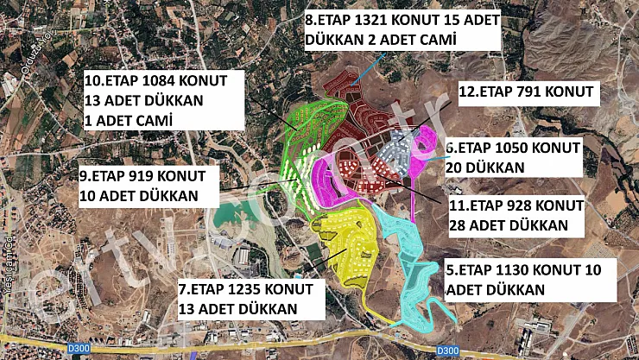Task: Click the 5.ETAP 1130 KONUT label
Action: tap(529, 279)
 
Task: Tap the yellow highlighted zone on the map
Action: tap(345, 242)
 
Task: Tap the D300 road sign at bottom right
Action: tap(447, 350)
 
